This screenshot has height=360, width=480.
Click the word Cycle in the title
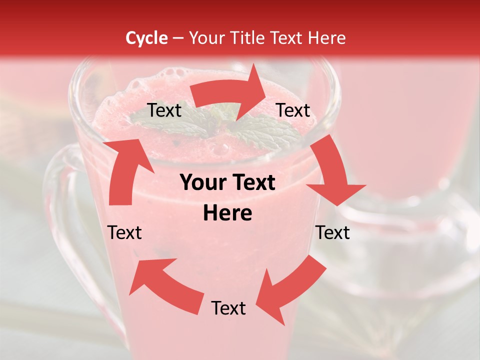[x=146, y=38]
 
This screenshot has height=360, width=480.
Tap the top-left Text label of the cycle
[x=164, y=110]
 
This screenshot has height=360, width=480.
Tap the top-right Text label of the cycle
[x=293, y=110]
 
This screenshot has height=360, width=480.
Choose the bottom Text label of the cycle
[x=228, y=308]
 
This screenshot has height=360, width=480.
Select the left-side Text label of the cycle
[x=124, y=232]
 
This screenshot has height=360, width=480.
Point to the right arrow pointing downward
[x=332, y=172]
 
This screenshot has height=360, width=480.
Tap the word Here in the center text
[x=227, y=213]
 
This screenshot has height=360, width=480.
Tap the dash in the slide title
[x=178, y=38]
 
